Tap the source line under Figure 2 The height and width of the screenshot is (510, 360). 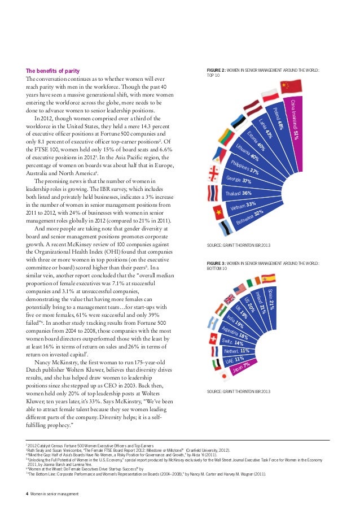point(239,245)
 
